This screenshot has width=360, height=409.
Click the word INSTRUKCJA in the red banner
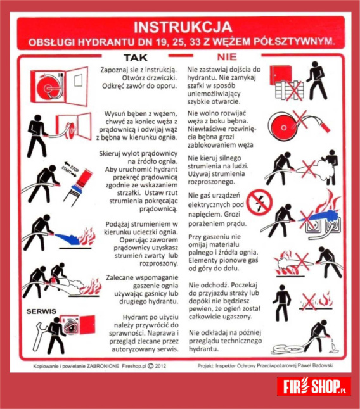click(183, 27)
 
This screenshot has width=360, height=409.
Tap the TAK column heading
click(136, 58)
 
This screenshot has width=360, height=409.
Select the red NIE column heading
click(227, 57)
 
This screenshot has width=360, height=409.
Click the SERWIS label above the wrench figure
click(41, 311)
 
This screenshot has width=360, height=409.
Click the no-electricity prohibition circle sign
click(260, 203)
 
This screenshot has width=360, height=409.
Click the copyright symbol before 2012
click(151, 366)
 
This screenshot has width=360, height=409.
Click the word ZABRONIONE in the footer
click(103, 366)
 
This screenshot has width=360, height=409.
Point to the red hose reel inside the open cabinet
click(48, 88)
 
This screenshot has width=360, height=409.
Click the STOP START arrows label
click(70, 168)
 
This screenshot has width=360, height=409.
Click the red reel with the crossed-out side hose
click(283, 128)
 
